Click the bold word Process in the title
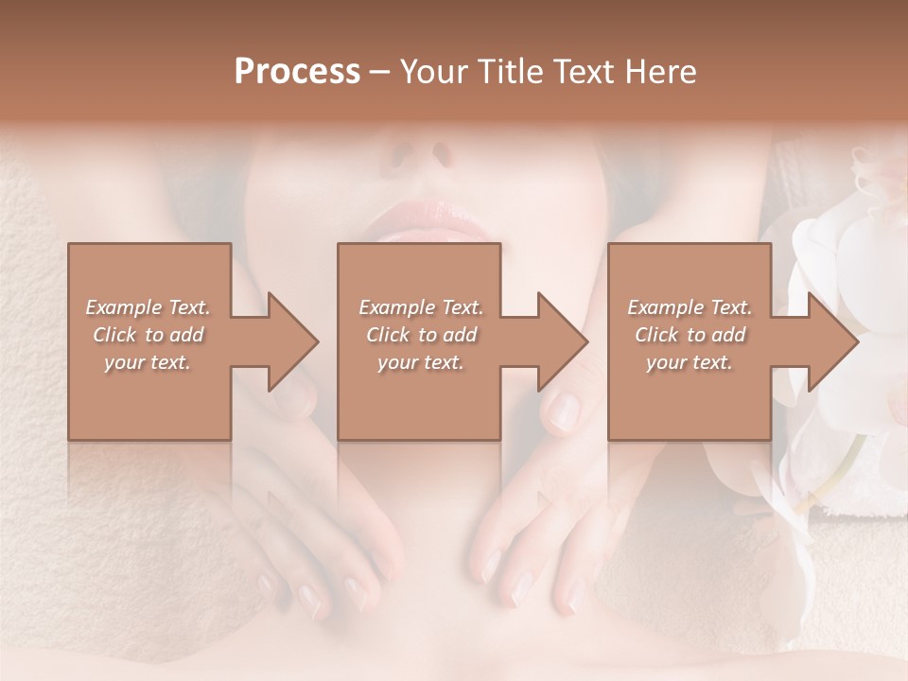tap(297, 72)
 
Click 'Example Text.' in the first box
tap(148, 307)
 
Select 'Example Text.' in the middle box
tap(421, 307)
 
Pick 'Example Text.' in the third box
tap(690, 307)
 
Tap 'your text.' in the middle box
tap(420, 362)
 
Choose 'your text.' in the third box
tap(689, 362)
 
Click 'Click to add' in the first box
tap(148, 335)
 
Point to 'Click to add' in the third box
tap(690, 335)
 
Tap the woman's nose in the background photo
tap(421, 151)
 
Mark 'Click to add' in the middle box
tap(421, 335)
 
